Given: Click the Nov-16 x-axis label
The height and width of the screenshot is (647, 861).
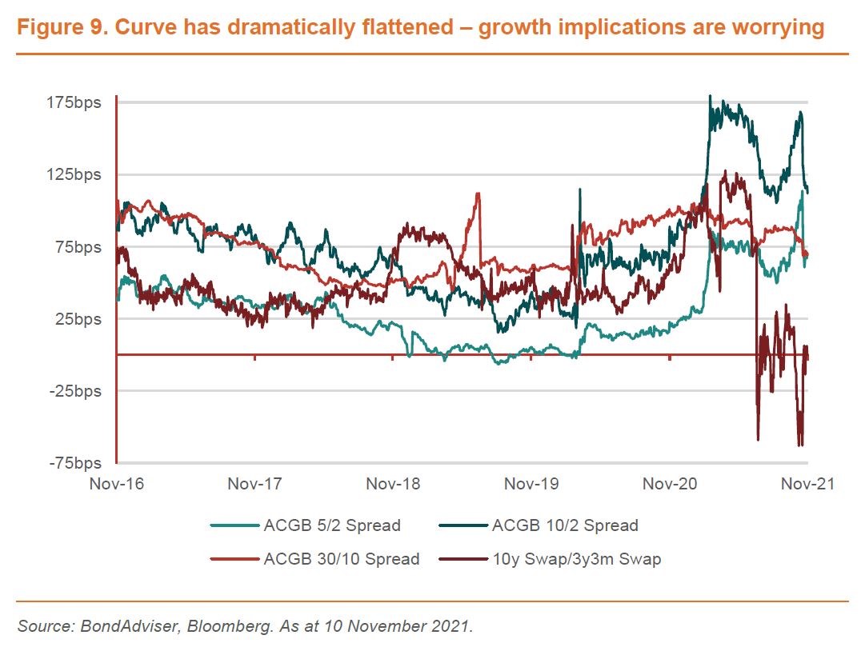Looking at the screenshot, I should coord(116,484).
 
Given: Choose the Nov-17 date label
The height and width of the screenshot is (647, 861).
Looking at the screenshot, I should coord(254,484).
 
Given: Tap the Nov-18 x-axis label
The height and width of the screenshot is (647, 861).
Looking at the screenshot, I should coord(393,484).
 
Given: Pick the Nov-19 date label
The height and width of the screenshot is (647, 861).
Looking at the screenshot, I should coord(531,484).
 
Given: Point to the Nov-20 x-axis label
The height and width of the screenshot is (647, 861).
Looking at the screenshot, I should coord(670,484).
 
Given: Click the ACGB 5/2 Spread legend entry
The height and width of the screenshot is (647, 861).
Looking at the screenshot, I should coord(331,525).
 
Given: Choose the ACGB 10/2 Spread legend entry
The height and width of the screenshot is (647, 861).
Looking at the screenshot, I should coord(565,525).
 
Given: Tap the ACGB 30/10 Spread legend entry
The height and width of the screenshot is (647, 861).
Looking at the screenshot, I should coord(341,558).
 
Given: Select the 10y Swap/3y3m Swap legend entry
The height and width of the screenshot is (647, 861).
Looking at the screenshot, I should coord(576,558).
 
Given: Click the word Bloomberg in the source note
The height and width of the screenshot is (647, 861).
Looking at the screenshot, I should coord(222,625).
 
